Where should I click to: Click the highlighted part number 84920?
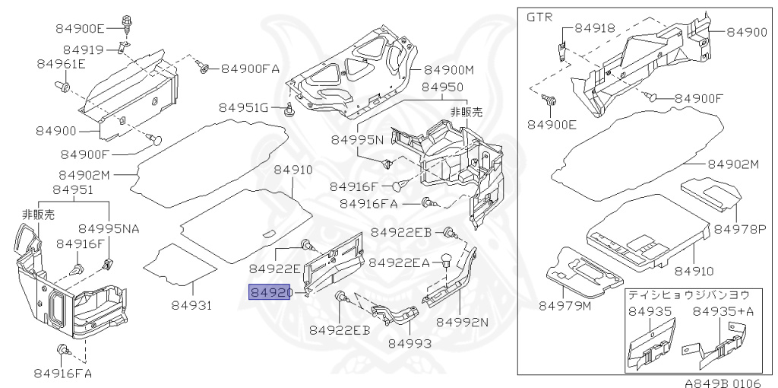point(269,292)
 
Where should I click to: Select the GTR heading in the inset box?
point(539,17)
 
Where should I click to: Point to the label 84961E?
point(61,64)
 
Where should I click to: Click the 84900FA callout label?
point(250,68)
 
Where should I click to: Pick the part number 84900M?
point(449,70)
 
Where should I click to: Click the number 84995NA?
point(109,228)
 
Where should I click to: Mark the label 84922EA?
point(399,262)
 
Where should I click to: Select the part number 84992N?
point(462,322)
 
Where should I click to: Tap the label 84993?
point(410,343)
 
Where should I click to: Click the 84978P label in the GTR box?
point(735,229)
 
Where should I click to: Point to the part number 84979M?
point(565,306)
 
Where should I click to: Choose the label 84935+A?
point(723,312)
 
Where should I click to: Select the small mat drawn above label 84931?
point(179,265)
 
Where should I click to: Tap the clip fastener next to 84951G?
point(287,109)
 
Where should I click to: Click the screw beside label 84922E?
point(307,244)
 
